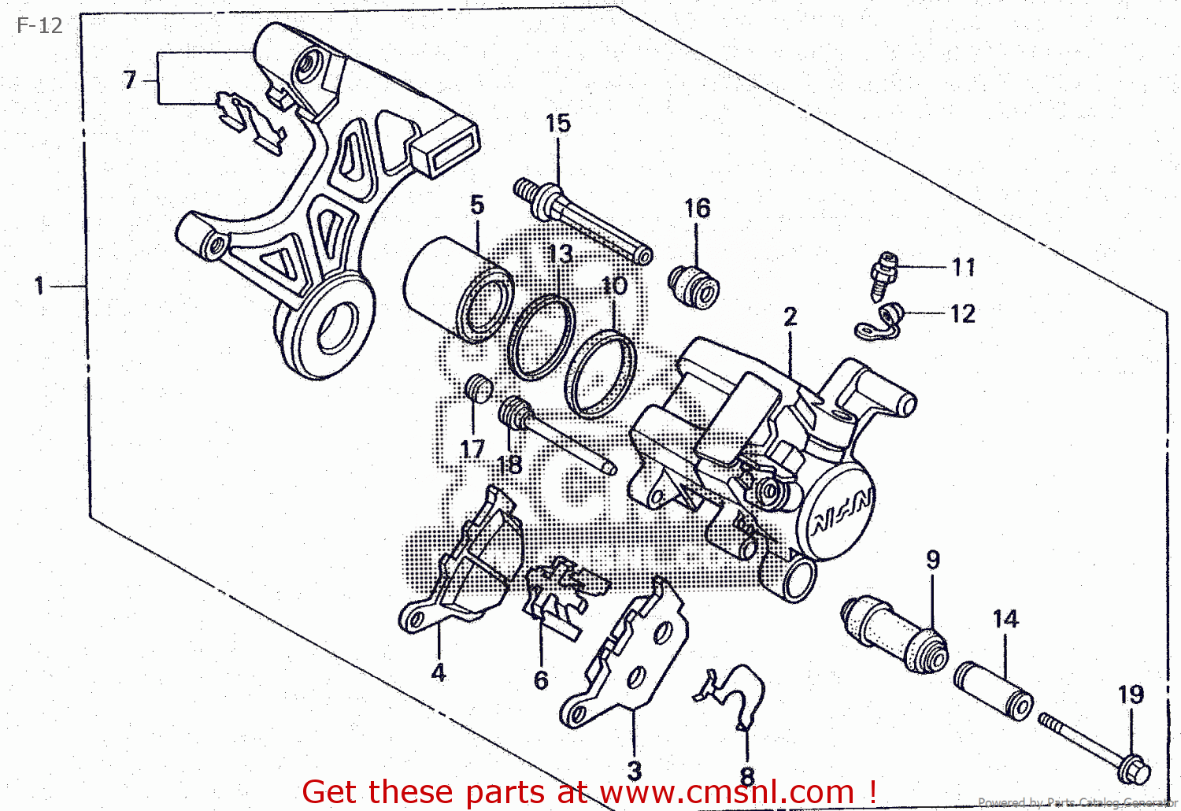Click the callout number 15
[x=557, y=124]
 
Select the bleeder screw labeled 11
[x=885, y=275]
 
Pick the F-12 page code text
[x=39, y=26]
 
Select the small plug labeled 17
[x=477, y=387]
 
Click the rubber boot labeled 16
[x=694, y=287]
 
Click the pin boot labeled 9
[x=894, y=635]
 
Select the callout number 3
[x=634, y=770]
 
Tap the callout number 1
[x=39, y=286]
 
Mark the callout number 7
[x=130, y=80]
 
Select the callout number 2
[x=790, y=317]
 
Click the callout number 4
[x=439, y=672]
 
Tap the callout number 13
[x=560, y=254]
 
